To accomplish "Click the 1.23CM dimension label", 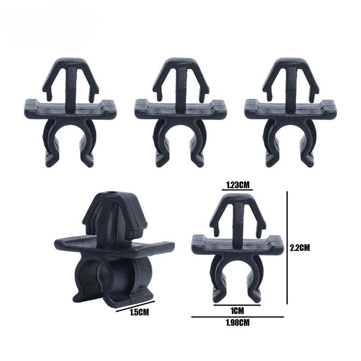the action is pos(238,185).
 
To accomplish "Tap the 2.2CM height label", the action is pos(300,248).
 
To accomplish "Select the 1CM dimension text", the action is pos(237,311).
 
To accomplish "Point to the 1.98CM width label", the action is pos(238,323).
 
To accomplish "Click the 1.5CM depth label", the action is pos(139,312).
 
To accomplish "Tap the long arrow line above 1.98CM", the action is pos(238,317).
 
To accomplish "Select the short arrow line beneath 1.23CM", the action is pos(237,190).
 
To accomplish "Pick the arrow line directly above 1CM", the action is pos(237,305).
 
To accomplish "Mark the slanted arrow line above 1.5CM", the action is pos(136,306).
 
